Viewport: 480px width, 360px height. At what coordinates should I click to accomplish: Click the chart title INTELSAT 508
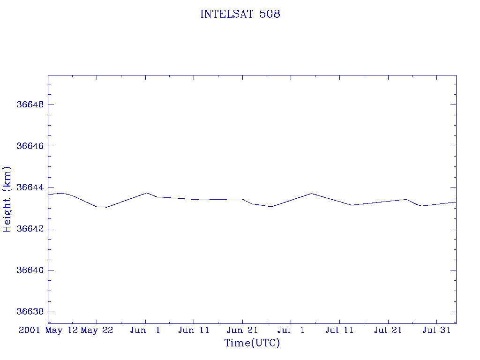point(240,14)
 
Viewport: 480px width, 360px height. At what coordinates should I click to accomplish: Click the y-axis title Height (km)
point(7,199)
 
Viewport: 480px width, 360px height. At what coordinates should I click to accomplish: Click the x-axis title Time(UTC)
point(252,343)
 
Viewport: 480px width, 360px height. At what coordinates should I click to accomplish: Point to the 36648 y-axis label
point(30,105)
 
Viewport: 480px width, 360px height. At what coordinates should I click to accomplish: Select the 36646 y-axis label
point(30,146)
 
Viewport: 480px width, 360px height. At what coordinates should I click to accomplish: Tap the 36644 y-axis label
point(30,187)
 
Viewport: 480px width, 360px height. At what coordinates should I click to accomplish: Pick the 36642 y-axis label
point(30,229)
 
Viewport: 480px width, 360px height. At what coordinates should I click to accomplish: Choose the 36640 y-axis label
point(30,270)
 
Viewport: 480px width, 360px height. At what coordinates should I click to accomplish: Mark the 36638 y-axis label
point(30,312)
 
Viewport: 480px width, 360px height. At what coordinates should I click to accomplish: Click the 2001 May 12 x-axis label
point(48,330)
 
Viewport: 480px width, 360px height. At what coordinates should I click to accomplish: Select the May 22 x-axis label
point(97,330)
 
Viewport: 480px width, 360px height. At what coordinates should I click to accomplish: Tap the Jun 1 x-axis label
point(145,330)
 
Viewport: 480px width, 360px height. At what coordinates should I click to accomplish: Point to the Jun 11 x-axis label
point(194,330)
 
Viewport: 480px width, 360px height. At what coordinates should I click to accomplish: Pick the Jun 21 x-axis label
point(242,330)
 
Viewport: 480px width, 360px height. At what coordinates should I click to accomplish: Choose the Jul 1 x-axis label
point(291,330)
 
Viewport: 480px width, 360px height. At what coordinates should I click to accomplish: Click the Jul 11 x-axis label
point(339,330)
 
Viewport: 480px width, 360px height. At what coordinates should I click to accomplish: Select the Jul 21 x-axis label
point(388,330)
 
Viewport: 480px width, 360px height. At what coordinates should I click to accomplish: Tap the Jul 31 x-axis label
point(437,330)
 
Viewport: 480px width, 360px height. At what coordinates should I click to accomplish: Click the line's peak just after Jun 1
point(147,193)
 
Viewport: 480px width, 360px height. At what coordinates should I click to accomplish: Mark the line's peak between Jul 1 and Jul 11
point(311,193)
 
